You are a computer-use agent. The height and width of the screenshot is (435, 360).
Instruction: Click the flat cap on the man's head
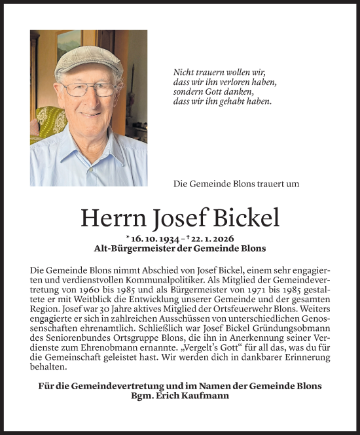[x=88, y=60]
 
